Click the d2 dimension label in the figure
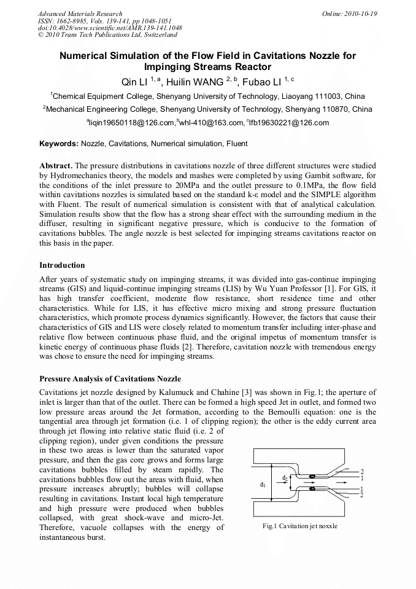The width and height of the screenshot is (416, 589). tap(285, 477)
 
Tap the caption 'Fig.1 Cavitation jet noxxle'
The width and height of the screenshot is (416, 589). tap(300, 526)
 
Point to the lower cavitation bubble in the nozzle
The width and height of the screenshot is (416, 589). tap(312, 490)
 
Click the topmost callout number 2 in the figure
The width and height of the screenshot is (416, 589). tap(362, 471)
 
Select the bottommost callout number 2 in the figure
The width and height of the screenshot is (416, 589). tap(362, 495)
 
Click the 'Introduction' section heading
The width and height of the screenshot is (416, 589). tap(62, 265)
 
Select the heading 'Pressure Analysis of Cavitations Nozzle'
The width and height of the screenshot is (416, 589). tap(110, 378)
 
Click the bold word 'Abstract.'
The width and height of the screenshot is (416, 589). tap(56, 166)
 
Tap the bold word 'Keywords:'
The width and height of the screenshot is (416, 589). tap(59, 144)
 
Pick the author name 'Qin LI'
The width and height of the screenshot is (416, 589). tap(134, 81)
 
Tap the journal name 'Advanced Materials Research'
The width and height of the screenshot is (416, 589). tap(80, 14)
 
